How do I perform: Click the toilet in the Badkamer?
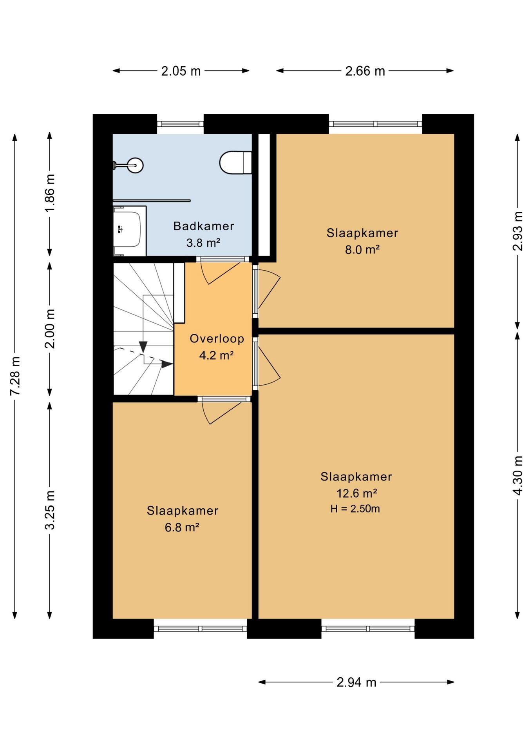235,162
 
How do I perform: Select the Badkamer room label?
204,226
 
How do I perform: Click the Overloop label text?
217,338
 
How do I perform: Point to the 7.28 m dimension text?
15,376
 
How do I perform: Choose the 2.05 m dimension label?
181,71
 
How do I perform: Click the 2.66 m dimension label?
365,71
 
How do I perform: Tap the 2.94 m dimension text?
356,682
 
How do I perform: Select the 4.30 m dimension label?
518,475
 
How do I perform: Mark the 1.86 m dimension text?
50,193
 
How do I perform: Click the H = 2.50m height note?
355,509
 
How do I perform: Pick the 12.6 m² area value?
356,493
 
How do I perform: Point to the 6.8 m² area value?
182,527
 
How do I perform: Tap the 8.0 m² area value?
362,249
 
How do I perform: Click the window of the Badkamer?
181,124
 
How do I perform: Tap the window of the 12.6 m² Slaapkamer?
368,629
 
